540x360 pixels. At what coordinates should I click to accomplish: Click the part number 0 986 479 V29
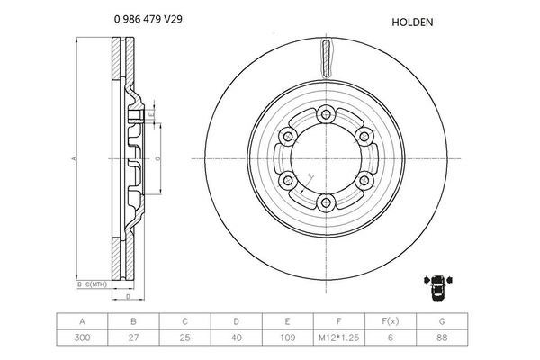[x=148, y=18]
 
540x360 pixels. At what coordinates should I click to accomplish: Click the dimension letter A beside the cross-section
[x=75, y=158]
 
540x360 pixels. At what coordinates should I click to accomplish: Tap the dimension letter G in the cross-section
[x=157, y=158]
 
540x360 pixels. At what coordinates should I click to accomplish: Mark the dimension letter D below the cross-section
[x=129, y=295]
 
